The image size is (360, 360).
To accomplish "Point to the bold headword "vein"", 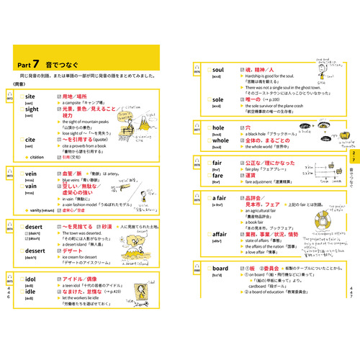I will pos(30,174).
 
